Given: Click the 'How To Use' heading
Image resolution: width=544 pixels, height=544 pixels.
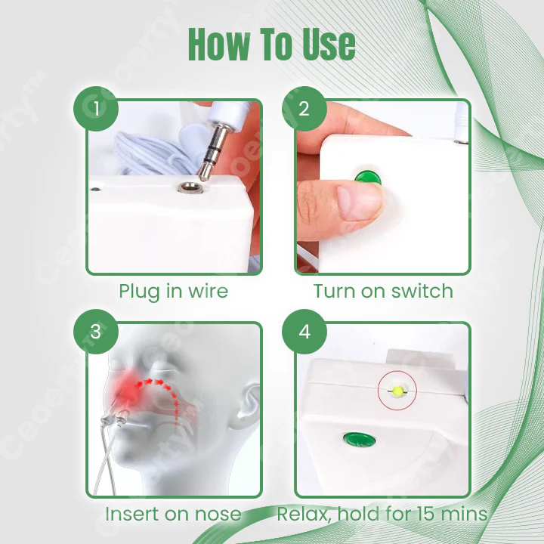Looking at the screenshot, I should pos(271,45).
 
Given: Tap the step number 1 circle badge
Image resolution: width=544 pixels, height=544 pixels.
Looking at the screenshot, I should pos(96,109).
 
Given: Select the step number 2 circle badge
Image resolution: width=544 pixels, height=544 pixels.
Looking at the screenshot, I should pos(304,109).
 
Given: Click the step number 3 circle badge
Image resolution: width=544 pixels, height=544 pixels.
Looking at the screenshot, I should pos(96,332).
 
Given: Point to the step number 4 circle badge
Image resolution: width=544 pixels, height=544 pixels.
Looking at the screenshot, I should pos(304,332).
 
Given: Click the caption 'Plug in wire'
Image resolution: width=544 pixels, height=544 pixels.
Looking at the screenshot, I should pos(173,291).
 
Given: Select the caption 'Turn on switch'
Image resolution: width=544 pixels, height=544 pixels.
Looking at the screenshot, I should pos(383,291).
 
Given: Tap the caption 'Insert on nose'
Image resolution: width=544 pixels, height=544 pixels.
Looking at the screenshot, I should pos(173,515).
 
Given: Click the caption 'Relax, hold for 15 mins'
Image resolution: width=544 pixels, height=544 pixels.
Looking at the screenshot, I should pos(382,515).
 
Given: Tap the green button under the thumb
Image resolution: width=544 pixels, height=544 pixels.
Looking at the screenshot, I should pos(368,178).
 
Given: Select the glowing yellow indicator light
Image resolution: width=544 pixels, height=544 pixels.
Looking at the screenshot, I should pos(397,391).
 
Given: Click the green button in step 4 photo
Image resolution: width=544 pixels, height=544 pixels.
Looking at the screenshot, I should pos(354,439).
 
